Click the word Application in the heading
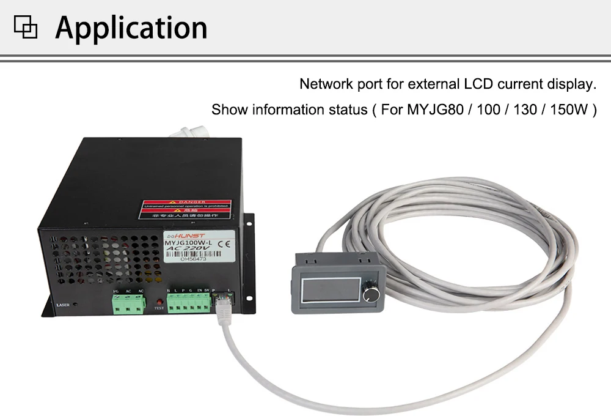click(131, 28)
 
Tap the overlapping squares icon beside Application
click(26, 28)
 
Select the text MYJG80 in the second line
click(432, 110)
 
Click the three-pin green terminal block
click(128, 303)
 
